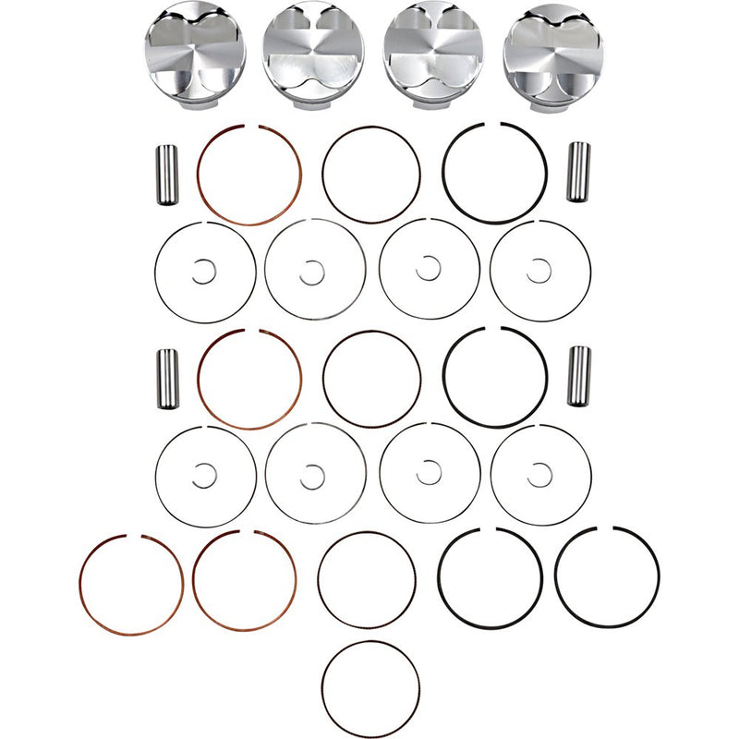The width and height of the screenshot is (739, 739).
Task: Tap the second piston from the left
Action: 314,53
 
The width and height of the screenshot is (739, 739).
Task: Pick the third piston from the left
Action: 432,53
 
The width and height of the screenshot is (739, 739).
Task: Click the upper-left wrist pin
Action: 168,175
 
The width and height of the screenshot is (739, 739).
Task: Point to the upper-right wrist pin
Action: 578,172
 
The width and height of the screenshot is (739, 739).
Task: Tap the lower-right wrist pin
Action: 578,375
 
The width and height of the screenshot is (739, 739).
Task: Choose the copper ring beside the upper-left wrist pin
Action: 200,176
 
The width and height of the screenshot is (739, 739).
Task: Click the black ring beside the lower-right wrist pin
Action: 443,379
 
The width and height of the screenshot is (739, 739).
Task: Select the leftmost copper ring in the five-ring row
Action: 80,586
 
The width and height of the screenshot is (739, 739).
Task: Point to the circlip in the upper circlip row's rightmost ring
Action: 539,271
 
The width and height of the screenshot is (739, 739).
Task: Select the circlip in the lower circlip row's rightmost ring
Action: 539,475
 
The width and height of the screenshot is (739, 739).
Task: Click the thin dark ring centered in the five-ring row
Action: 318,580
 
